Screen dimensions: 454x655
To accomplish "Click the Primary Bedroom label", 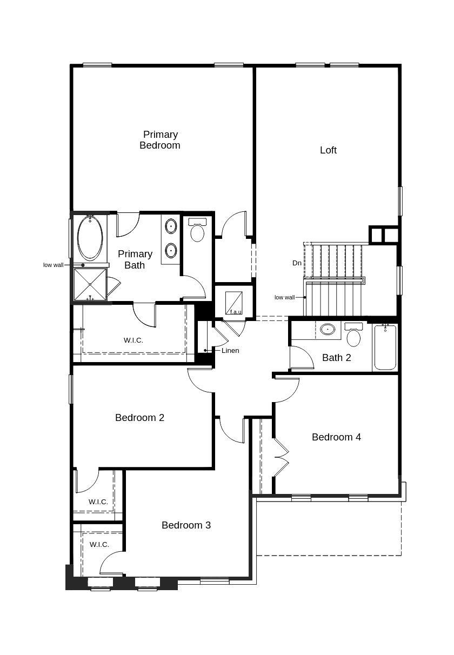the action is (x=160, y=140).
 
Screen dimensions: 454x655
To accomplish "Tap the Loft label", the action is (x=328, y=150).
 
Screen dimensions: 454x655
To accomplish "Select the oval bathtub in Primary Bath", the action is (x=90, y=238).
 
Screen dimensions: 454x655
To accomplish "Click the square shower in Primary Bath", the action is (x=90, y=284).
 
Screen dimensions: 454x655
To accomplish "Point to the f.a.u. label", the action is (x=236, y=312).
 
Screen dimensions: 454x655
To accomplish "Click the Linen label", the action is (x=230, y=350).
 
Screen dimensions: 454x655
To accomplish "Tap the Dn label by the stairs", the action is (x=297, y=263).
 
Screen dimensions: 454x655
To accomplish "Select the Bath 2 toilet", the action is (x=353, y=335).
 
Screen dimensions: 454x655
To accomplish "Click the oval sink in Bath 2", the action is (x=328, y=329).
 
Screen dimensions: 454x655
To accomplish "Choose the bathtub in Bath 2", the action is (x=385, y=347).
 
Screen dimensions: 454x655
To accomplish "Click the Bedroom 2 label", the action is (x=139, y=418).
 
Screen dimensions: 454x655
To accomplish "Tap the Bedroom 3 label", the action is (x=186, y=525).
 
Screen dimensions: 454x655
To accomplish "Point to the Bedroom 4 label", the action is (x=336, y=437).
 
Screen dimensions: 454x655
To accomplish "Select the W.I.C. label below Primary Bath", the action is (x=133, y=340).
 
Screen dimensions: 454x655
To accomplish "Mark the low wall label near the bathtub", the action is (x=54, y=265).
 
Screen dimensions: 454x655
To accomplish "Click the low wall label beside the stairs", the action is (x=284, y=297).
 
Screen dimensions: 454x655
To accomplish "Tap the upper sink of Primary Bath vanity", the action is (x=171, y=226).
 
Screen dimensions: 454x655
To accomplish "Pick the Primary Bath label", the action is (x=135, y=259).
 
